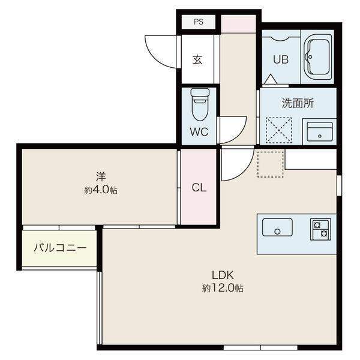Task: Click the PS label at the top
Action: [199, 22]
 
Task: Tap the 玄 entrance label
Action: [197, 59]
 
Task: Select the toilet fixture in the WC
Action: [200, 104]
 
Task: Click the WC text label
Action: [199, 132]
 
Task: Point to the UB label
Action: [281, 59]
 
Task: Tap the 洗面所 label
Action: [298, 103]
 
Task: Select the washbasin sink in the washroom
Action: [320, 132]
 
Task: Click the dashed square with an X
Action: [279, 130]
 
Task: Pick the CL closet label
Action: [199, 188]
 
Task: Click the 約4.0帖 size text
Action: [101, 190]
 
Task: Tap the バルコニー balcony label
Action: [60, 248]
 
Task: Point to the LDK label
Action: [223, 275]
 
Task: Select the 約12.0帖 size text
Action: [223, 288]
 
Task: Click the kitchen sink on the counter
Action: [277, 227]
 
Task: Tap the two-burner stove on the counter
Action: [320, 229]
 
